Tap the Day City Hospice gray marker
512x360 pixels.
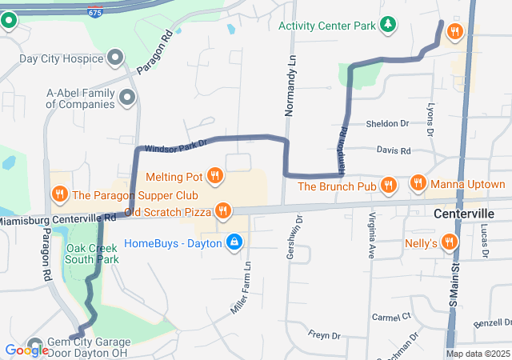pyautogui.click(x=115, y=58)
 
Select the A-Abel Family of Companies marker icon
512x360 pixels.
pyautogui.click(x=126, y=98)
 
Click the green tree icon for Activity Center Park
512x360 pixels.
pyautogui.click(x=388, y=26)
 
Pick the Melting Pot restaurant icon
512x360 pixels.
pyautogui.click(x=214, y=175)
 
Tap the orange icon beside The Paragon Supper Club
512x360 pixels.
pyautogui.click(x=59, y=194)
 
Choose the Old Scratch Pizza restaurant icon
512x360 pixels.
pyautogui.click(x=222, y=211)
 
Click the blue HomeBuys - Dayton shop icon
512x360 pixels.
pyautogui.click(x=234, y=242)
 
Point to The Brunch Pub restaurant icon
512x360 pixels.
pyautogui.click(x=389, y=186)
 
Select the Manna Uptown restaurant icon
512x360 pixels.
pyautogui.click(x=418, y=184)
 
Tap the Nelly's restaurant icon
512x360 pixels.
pyautogui.click(x=451, y=241)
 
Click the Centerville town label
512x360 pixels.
pyautogui.click(x=463, y=214)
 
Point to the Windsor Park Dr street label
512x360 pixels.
pyautogui.click(x=175, y=146)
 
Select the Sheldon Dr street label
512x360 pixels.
pyautogui.click(x=387, y=124)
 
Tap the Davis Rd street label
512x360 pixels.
pyautogui.click(x=393, y=150)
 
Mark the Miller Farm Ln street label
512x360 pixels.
pyautogui.click(x=242, y=286)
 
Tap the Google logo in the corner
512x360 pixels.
pyautogui.click(x=26, y=350)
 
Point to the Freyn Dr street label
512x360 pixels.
pyautogui.click(x=324, y=334)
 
